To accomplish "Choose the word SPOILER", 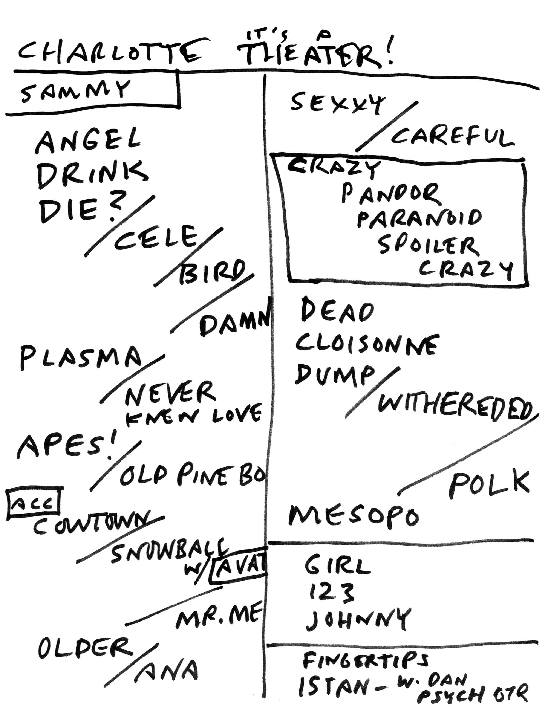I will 427,247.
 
